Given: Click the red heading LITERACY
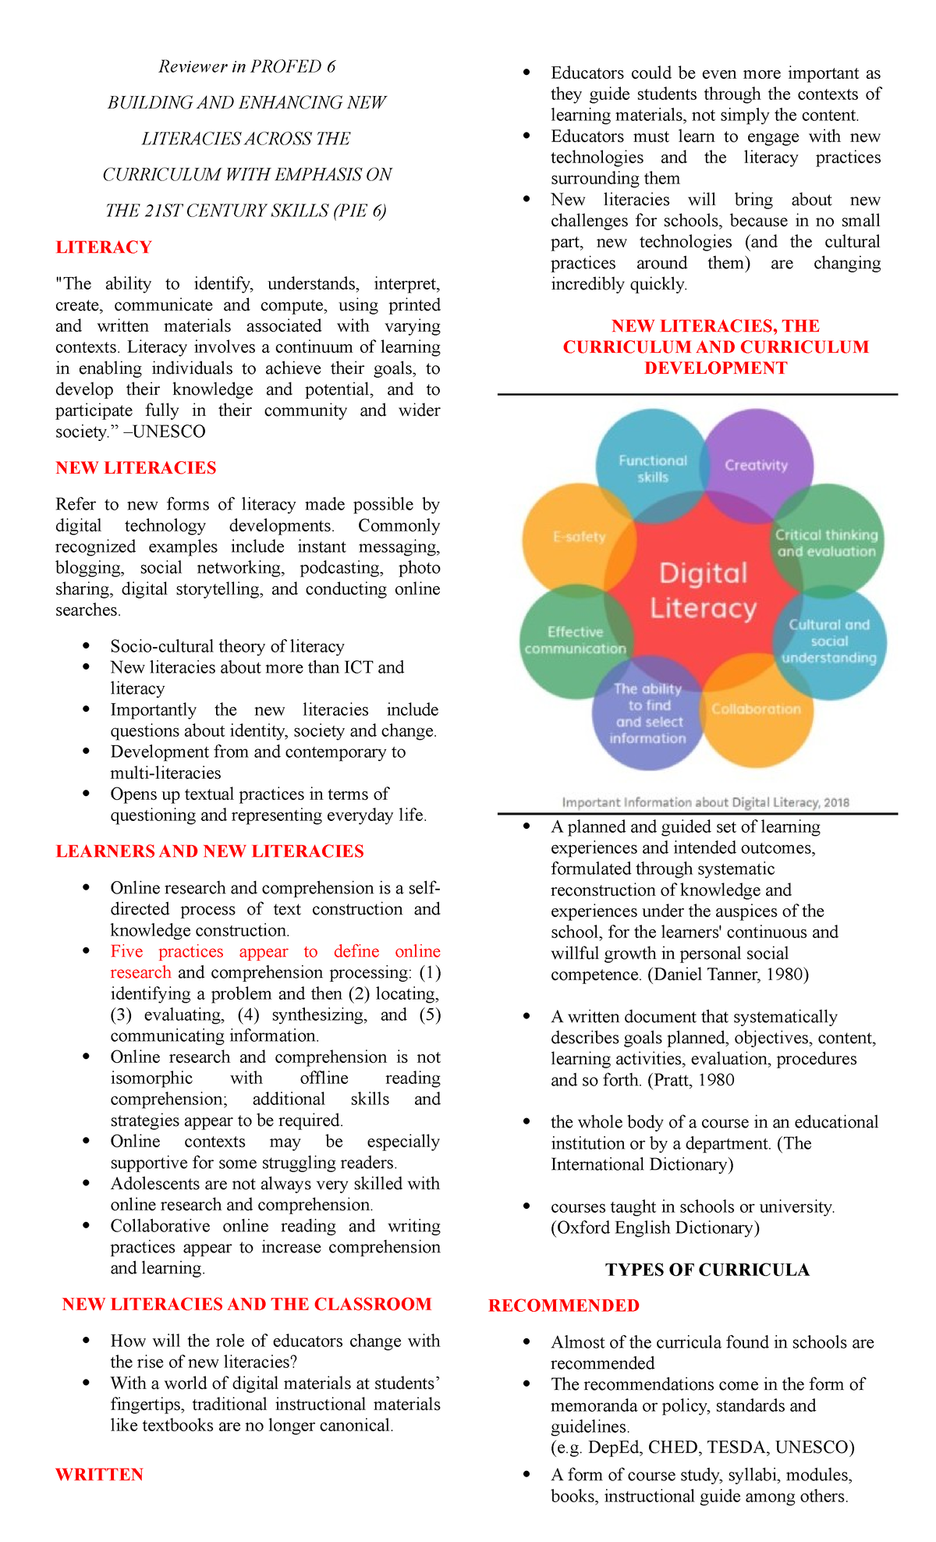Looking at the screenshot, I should click(104, 247).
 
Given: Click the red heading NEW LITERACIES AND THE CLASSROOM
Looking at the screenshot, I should click(246, 1304).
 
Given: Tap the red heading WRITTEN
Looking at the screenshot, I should click(99, 1474).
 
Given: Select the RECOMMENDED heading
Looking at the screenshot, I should click(563, 1306).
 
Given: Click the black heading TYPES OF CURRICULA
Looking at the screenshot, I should click(707, 1270).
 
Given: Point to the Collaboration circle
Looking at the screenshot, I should click(756, 709).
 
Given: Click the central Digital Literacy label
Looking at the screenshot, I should click(704, 591).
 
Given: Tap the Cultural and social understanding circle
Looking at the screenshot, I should click(828, 641).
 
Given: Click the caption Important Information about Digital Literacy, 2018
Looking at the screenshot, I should click(705, 802).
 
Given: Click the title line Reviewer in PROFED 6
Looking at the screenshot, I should click(246, 66).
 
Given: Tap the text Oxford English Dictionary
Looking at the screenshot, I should click(654, 1228).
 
